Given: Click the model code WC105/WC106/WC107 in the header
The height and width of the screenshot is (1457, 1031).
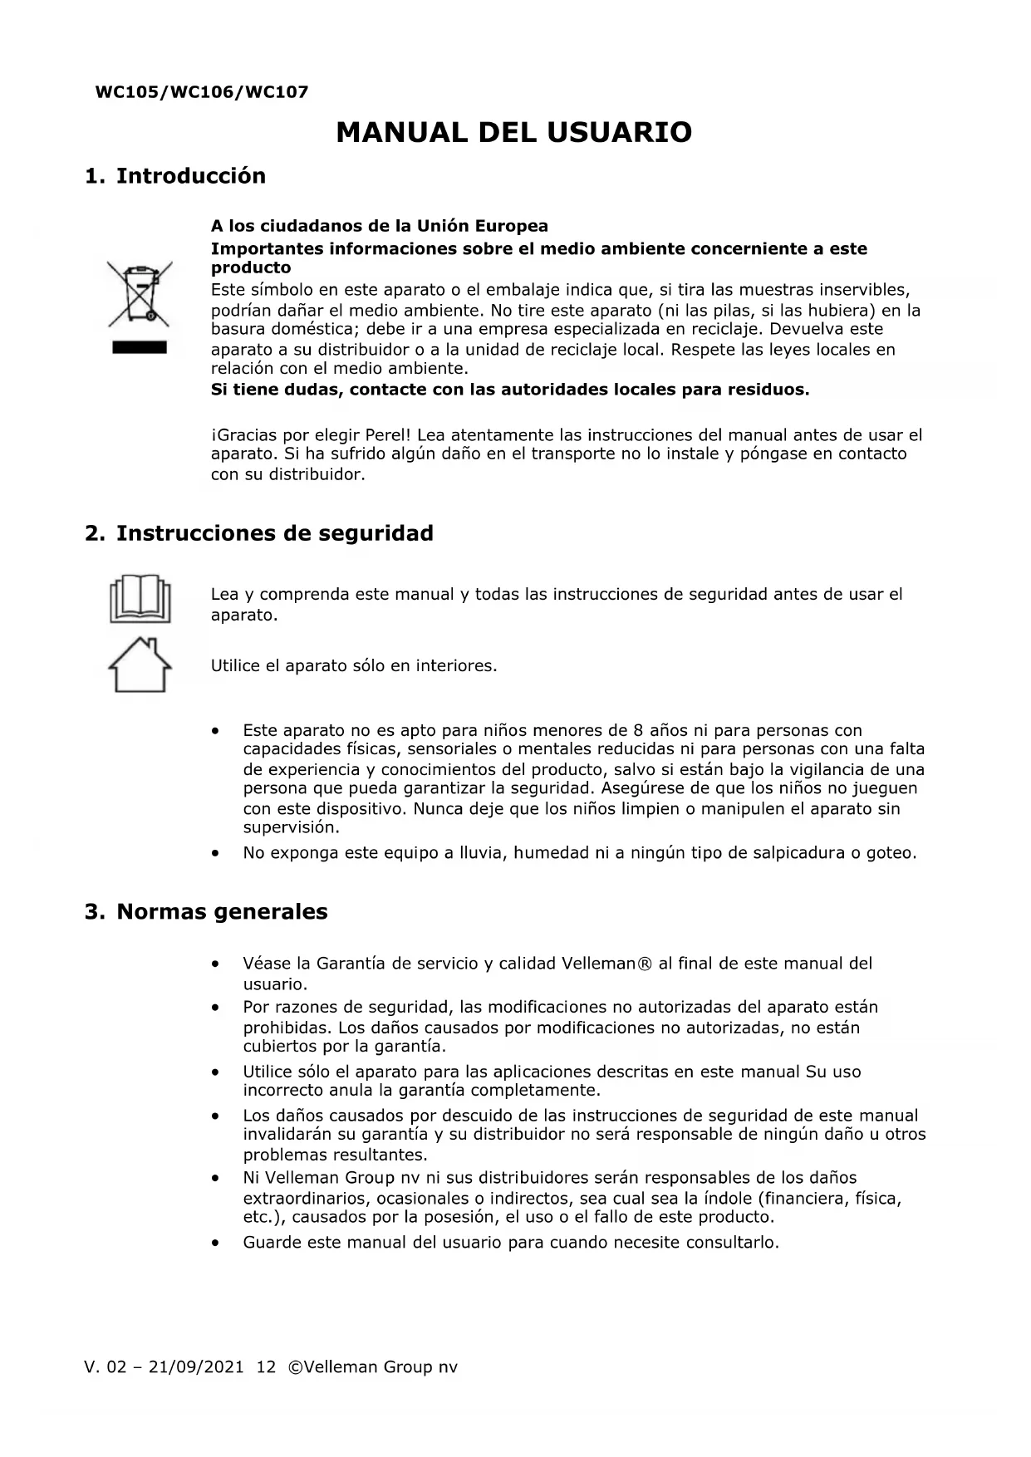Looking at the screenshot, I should tap(202, 92).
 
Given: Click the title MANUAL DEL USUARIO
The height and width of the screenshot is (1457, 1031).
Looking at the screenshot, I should tap(514, 133).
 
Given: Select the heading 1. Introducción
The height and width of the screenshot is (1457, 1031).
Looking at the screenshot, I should tap(175, 176).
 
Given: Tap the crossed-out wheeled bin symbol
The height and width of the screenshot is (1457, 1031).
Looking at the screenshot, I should tap(140, 294).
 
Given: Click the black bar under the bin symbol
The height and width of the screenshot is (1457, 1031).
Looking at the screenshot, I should tap(140, 348).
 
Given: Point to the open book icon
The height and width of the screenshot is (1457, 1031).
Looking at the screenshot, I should tap(140, 599).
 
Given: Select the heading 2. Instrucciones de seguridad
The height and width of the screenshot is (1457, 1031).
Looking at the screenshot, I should tap(259, 533).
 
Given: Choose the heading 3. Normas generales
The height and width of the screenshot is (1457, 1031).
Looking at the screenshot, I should tap(206, 912).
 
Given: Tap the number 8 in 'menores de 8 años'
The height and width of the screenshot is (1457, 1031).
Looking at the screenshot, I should tap(639, 731).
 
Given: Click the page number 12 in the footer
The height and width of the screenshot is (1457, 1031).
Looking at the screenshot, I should tap(266, 1367).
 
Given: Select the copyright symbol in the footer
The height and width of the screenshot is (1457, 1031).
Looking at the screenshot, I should tap(294, 1367).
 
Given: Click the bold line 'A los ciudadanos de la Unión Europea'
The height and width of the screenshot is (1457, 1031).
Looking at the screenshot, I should tap(379, 226).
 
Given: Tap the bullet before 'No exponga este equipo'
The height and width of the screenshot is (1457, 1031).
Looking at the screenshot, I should tap(216, 853).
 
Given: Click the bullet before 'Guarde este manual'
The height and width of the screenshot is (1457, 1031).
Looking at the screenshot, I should tap(216, 1244).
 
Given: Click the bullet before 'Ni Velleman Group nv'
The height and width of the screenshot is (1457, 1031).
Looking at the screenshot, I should tap(216, 1179).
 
